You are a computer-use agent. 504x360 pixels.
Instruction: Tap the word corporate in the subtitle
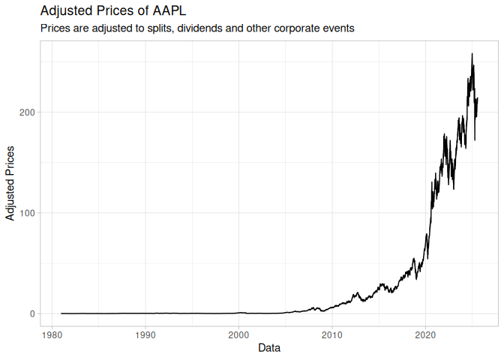tap(292, 28)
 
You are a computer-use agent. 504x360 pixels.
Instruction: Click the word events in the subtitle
tap(337, 28)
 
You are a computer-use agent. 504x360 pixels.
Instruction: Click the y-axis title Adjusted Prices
tap(10, 184)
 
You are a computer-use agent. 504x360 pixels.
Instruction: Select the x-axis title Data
tap(269, 348)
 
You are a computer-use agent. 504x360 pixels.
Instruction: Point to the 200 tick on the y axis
tap(24, 112)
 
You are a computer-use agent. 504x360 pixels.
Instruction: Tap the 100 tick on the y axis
tap(24, 213)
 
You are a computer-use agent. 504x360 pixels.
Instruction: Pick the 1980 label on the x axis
tap(52, 333)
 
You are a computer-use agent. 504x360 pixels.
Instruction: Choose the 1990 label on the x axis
tap(145, 333)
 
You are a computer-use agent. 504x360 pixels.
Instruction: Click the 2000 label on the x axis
tap(238, 333)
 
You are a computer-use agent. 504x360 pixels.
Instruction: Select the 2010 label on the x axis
tap(332, 333)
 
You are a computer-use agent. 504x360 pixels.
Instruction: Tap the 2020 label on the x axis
tap(426, 333)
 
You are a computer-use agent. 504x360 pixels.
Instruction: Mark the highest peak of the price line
tap(472, 53)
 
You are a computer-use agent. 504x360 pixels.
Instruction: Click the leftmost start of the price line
tap(61, 313)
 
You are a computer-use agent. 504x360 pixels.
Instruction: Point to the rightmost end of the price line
tap(478, 98)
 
